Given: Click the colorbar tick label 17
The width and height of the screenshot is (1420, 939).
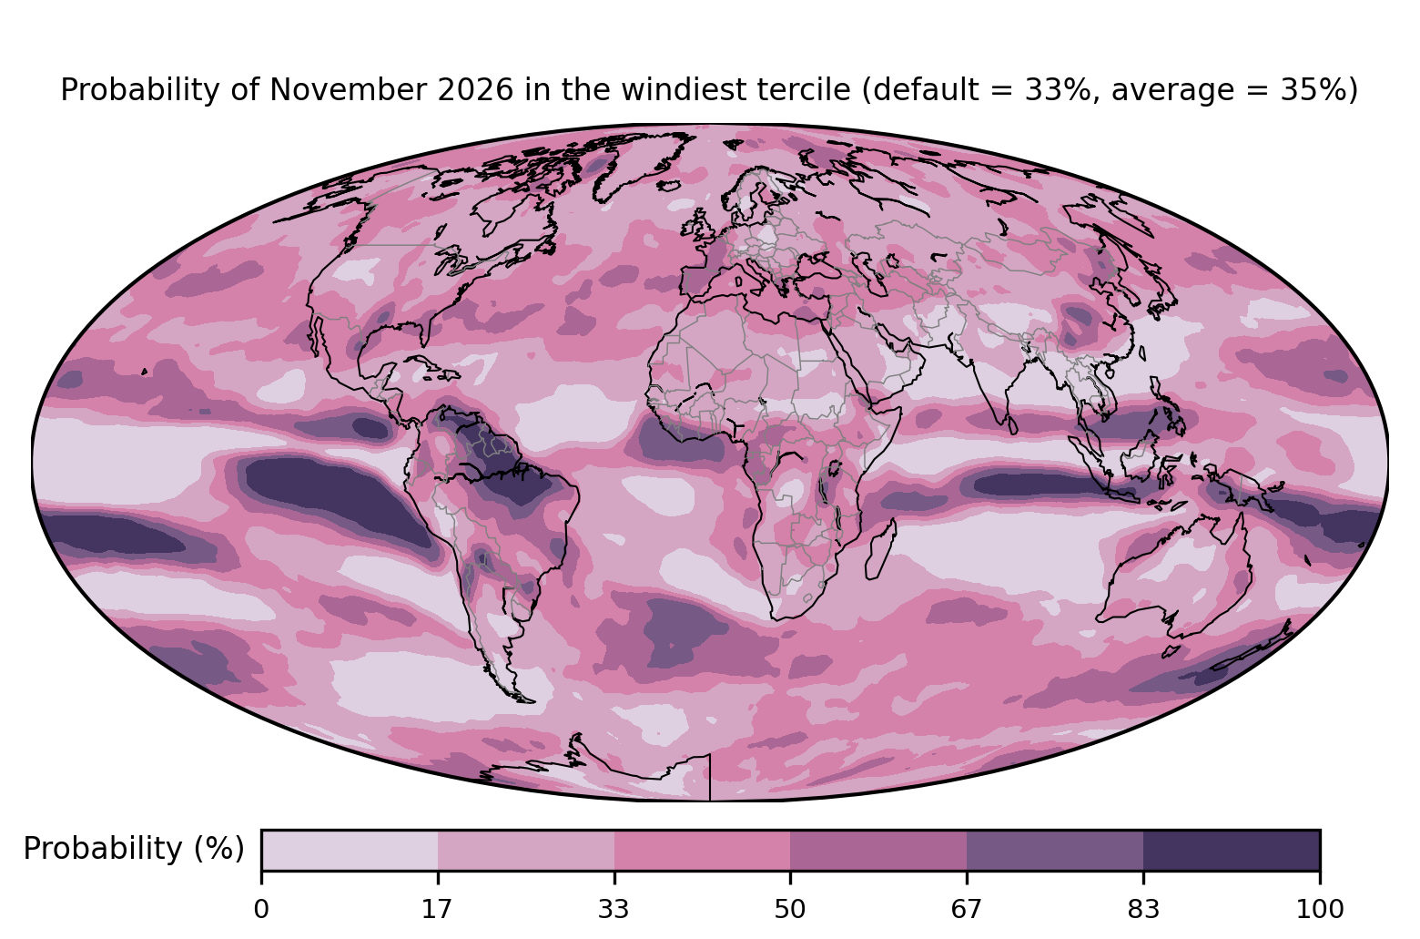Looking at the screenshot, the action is coord(437,910).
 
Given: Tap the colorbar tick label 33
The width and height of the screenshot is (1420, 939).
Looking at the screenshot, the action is coord(614,910).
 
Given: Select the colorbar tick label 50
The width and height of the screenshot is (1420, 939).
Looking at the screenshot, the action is coord(790,910).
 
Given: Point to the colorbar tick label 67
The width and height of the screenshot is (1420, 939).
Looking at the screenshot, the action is coord(966,910).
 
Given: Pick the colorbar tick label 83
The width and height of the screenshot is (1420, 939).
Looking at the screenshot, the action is coord(1143,910).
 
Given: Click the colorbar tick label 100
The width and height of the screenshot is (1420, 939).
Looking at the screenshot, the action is coord(1320,910).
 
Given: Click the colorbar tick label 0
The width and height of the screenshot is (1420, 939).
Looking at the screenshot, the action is coord(261,910).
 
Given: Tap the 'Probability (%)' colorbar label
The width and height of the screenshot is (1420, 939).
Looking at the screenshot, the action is coord(134,849).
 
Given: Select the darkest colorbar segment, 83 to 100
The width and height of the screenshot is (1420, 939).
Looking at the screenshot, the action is coord(1232,850).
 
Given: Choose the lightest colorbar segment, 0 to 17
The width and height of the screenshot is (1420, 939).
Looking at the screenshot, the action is coord(350,850).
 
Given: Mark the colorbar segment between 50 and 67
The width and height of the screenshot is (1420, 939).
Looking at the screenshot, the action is coord(878,850).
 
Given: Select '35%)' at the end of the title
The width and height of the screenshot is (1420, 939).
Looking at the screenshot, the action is coord(1324,90).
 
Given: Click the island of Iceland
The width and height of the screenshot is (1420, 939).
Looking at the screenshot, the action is coord(669,187).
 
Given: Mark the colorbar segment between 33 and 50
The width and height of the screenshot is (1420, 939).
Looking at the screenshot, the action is coord(702,850).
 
